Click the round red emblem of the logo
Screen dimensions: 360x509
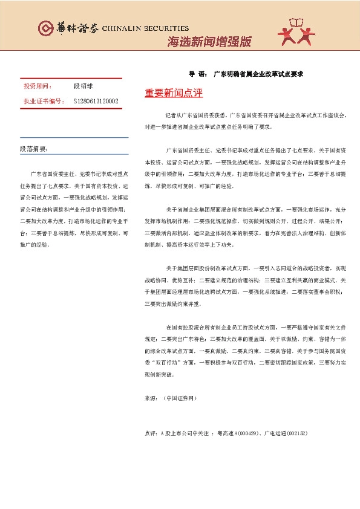click(x=45, y=28)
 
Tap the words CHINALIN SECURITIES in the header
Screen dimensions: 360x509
click(x=146, y=28)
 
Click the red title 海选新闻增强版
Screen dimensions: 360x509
click(x=209, y=42)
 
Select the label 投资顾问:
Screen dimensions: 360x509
click(x=38, y=86)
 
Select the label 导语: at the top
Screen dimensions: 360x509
click(x=197, y=73)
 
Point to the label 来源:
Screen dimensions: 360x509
click(x=152, y=399)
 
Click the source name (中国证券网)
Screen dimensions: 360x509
click(x=180, y=399)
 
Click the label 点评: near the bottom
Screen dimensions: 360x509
click(x=152, y=433)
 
